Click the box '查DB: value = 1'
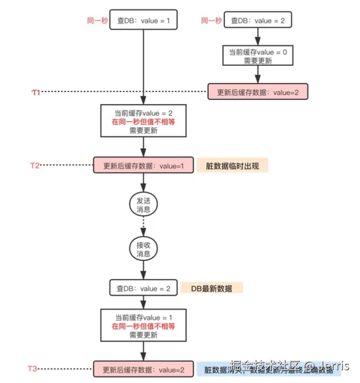[x=143, y=21]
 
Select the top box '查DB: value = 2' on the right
[x=258, y=21]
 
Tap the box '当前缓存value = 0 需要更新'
[x=258, y=56]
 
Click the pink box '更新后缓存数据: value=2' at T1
[x=258, y=92]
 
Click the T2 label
[x=35, y=165]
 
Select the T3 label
[x=33, y=369]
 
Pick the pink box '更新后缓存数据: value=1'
[x=143, y=166]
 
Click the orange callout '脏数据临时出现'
[x=232, y=166]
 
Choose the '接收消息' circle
[x=143, y=249]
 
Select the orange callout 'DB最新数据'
[x=212, y=288]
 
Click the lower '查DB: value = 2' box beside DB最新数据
[x=143, y=288]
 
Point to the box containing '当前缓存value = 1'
[x=143, y=326]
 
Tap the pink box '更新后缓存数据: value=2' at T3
[x=143, y=369]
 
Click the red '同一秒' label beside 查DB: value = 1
[x=98, y=21]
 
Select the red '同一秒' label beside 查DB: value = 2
[x=212, y=21]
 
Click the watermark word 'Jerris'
[x=334, y=366]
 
